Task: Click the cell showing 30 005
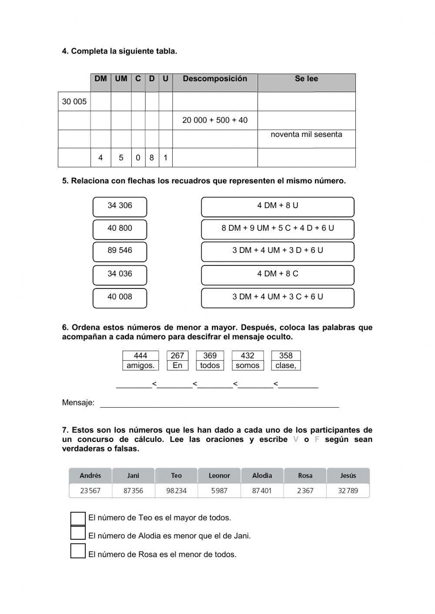click(x=74, y=102)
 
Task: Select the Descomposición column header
click(x=215, y=79)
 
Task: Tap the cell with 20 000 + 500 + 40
click(x=215, y=120)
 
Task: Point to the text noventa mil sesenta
click(x=306, y=135)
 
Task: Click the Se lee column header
click(x=306, y=79)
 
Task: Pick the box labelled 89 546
click(x=120, y=251)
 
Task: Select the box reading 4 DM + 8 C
click(x=278, y=274)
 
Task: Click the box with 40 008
click(x=120, y=297)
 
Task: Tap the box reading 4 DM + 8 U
click(x=278, y=206)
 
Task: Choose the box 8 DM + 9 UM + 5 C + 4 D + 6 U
click(x=278, y=229)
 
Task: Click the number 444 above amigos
click(x=141, y=355)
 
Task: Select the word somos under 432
click(x=248, y=365)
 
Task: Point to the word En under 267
click(x=177, y=365)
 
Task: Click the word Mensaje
click(x=78, y=403)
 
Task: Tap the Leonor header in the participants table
click(x=219, y=475)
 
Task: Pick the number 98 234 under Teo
click(x=176, y=491)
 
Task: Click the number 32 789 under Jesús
click(x=348, y=491)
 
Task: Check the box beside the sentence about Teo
click(x=78, y=518)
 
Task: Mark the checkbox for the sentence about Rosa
click(x=78, y=551)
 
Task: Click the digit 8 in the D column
click(x=152, y=158)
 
